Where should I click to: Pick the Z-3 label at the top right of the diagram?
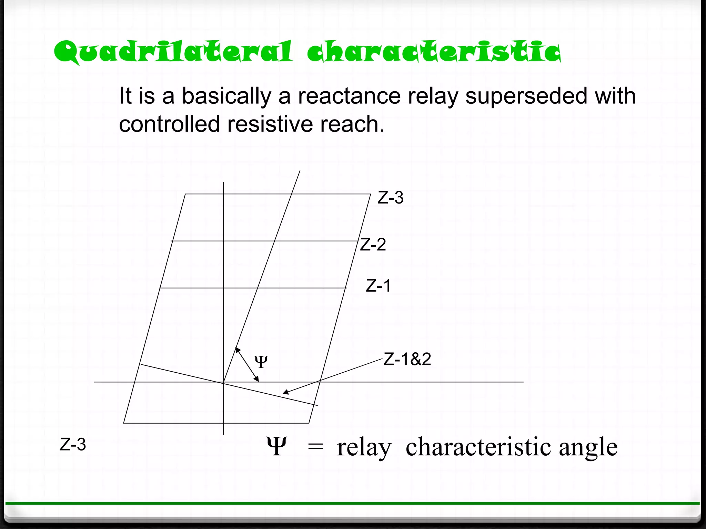pos(390,198)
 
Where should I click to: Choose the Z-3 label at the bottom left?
pos(73,445)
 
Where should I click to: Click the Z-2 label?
pos(373,245)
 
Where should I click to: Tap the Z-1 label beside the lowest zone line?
pos(378,286)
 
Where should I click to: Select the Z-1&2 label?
pos(407,360)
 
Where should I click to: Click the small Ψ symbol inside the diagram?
pos(261,362)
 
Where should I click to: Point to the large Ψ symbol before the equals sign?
pos(276,447)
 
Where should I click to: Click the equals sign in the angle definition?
pos(315,447)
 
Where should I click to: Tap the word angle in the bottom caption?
pos(588,448)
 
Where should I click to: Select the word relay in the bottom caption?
pos(364,448)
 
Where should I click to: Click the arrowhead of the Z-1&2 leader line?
pos(285,392)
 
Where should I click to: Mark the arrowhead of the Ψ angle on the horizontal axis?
pos(257,380)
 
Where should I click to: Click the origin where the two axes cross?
pos(224,382)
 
